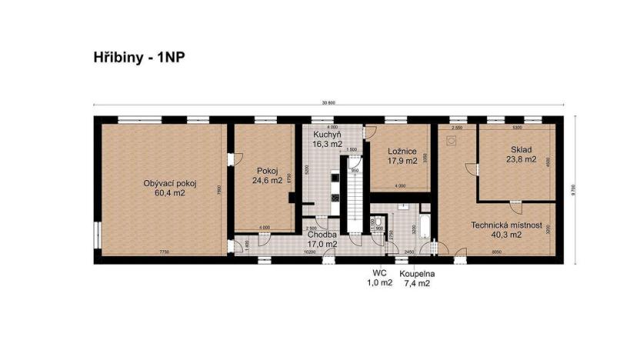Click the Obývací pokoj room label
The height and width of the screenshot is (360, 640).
click(171, 183)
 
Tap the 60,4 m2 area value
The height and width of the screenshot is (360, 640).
click(170, 193)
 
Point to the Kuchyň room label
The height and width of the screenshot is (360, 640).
click(326, 135)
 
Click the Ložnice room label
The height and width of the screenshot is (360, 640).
click(402, 152)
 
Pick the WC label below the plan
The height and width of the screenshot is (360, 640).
click(378, 273)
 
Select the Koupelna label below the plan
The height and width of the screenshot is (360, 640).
click(414, 273)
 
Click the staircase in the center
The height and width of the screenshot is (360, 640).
click(355, 200)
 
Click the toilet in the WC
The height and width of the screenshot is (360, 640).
click(379, 220)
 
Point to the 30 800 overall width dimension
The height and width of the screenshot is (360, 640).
click(331, 103)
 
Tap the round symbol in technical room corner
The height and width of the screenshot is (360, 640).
click(452, 140)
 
